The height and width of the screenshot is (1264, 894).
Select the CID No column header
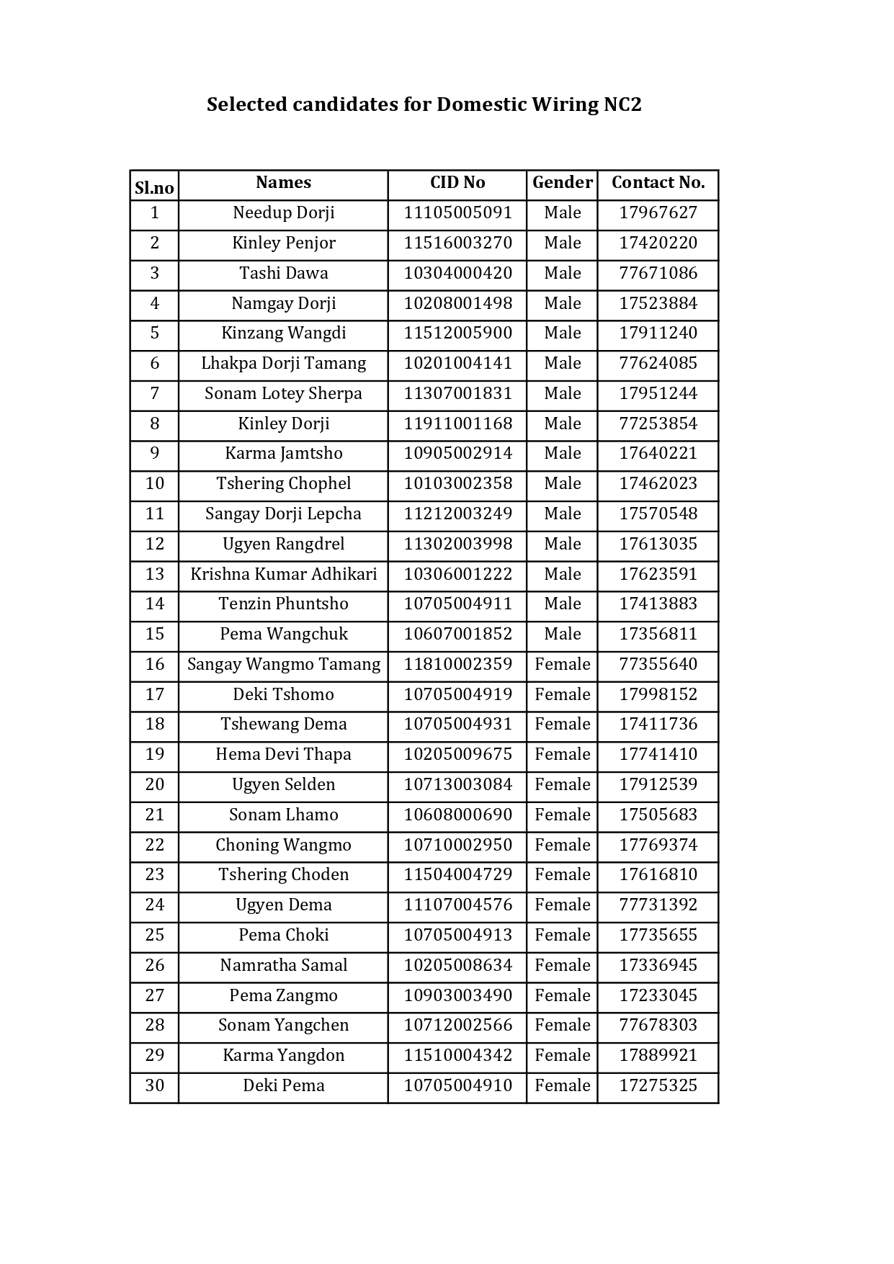click(x=457, y=183)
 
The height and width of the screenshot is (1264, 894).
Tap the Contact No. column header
click(x=658, y=183)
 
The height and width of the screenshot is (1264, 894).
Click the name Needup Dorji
click(x=283, y=213)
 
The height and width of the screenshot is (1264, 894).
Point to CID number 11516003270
click(x=457, y=243)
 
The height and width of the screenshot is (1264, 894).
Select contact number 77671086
click(x=658, y=274)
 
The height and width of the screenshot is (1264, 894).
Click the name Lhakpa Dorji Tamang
click(x=283, y=364)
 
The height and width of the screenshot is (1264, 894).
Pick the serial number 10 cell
click(x=154, y=484)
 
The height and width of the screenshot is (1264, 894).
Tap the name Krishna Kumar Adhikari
click(x=283, y=575)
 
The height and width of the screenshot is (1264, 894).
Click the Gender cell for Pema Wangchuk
click(x=562, y=635)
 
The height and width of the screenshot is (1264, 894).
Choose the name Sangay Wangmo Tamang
click(x=283, y=665)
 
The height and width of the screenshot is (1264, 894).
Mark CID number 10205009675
click(x=457, y=755)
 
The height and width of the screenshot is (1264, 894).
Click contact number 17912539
click(x=658, y=785)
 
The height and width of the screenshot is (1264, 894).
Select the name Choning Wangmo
click(x=283, y=846)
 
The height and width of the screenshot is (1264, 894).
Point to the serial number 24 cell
click(x=154, y=905)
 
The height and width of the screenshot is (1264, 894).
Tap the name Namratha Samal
click(x=283, y=966)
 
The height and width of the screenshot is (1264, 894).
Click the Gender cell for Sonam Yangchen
click(x=562, y=1026)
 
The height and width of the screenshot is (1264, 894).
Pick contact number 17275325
click(x=658, y=1086)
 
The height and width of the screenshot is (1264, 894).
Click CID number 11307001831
click(x=457, y=394)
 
